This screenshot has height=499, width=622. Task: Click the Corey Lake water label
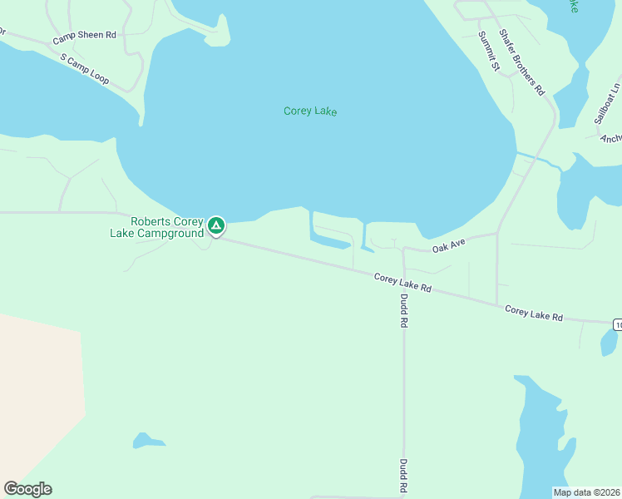[x=310, y=111]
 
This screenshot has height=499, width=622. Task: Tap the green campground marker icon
[x=216, y=225]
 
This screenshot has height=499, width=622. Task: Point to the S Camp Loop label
[x=85, y=69]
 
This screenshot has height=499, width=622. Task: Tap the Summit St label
[x=487, y=51]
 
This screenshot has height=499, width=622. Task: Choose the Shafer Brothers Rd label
[x=521, y=62]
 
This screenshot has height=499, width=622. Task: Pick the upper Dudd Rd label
[x=404, y=312]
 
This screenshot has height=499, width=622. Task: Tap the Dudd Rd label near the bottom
[x=403, y=477]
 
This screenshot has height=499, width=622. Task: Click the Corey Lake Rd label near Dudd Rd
[x=402, y=283]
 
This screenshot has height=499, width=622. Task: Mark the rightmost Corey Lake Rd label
[x=534, y=314]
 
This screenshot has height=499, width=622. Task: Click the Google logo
[x=27, y=489]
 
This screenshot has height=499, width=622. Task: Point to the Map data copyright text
[x=586, y=492]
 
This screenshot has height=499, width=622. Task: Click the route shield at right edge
[x=617, y=324]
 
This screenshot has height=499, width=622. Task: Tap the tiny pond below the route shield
[x=608, y=342]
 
